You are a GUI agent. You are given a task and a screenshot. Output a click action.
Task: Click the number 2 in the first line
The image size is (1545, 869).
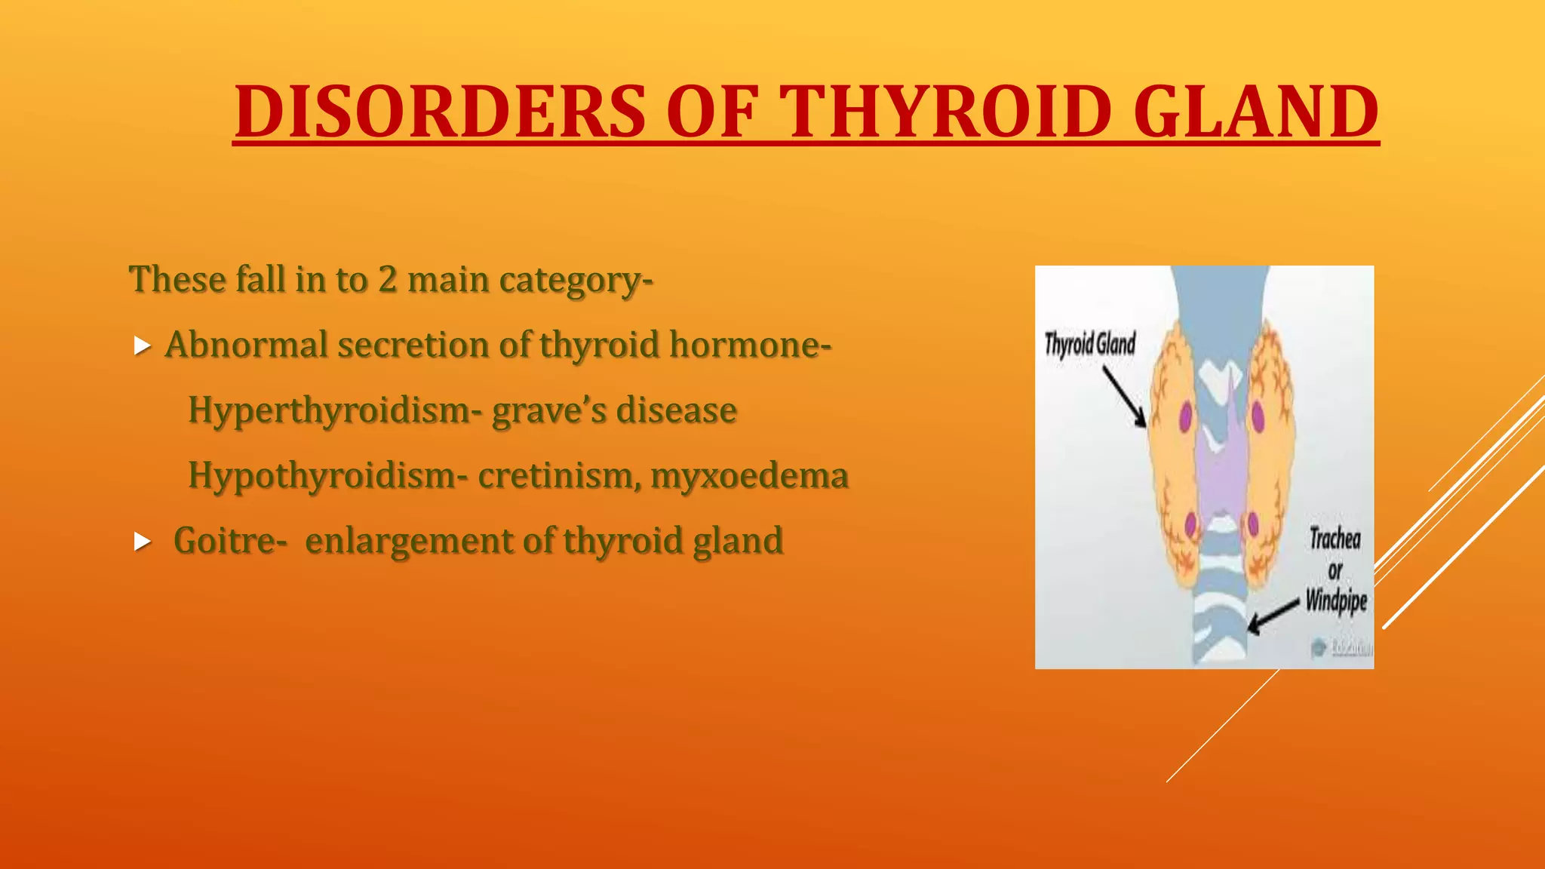click(x=387, y=279)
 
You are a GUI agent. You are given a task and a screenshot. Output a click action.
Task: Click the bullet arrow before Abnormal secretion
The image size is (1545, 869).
click(x=142, y=346)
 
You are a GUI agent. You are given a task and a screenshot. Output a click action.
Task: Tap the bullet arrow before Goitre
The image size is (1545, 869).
click(x=142, y=542)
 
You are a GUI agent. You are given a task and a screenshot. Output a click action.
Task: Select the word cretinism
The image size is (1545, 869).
click(x=559, y=476)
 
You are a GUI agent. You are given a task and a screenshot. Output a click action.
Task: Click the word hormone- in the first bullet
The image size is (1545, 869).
click(x=750, y=345)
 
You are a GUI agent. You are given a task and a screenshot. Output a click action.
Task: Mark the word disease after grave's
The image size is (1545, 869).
click(x=676, y=410)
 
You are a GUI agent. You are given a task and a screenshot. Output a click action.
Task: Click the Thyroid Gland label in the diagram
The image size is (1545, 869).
click(x=1089, y=344)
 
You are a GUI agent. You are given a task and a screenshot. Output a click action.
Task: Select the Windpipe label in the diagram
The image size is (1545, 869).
click(x=1336, y=601)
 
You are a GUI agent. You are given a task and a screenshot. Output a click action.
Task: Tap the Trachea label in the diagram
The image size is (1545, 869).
click(x=1335, y=539)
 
